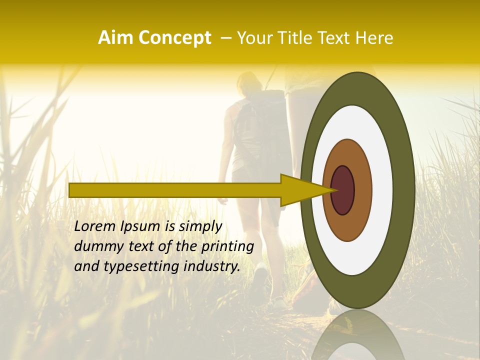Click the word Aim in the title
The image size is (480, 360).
[116, 38]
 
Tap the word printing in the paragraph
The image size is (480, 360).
[227, 247]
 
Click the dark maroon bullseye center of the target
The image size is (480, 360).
[343, 190]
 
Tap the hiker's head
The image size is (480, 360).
[248, 84]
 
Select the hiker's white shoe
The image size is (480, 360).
[260, 275]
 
